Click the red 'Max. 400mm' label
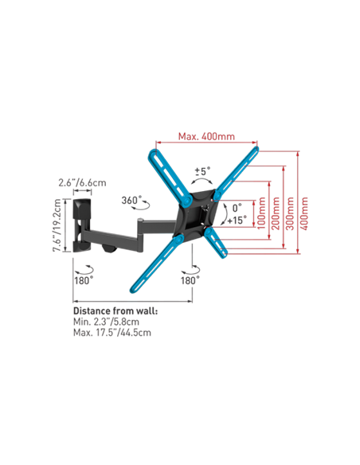[206, 137]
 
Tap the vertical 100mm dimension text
[261, 213]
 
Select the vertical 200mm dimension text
[276, 213]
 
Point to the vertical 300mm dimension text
[290, 213]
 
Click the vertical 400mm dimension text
[304, 213]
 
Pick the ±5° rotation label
[202, 171]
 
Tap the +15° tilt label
[237, 221]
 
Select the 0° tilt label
[237, 208]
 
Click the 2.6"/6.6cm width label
[82, 182]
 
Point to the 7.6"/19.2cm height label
[57, 225]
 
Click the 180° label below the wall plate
[84, 280]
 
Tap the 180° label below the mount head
[190, 280]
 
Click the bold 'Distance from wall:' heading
[115, 311]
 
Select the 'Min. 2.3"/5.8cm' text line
[106, 322]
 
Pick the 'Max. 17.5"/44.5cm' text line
[112, 333]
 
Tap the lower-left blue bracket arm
[157, 263]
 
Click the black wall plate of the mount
[82, 225]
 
